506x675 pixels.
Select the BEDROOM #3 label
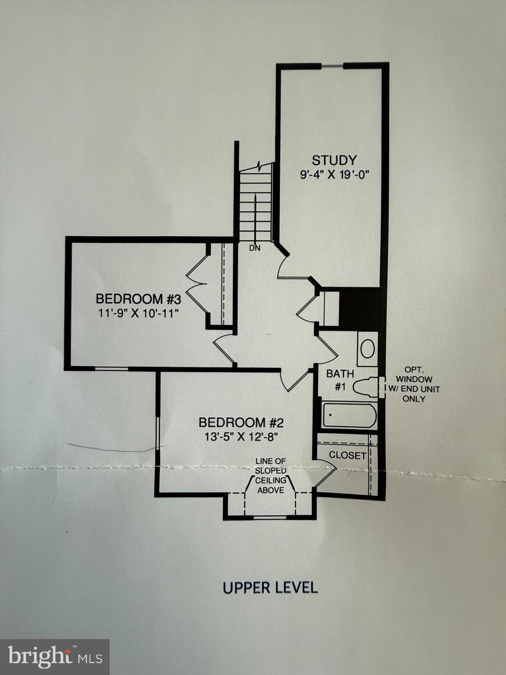pyautogui.click(x=138, y=299)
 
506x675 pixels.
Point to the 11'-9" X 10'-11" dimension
pyautogui.click(x=138, y=314)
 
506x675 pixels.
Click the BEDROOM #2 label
pyautogui.click(x=241, y=423)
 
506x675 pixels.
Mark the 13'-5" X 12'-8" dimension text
pyautogui.click(x=241, y=437)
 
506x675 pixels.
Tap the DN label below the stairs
pyautogui.click(x=255, y=248)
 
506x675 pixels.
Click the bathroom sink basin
pyautogui.click(x=368, y=349)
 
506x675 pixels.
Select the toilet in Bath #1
pyautogui.click(x=365, y=388)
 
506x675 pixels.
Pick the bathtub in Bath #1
pyautogui.click(x=350, y=416)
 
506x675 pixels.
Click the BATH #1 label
pyautogui.click(x=340, y=380)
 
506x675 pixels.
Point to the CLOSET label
pyautogui.click(x=347, y=455)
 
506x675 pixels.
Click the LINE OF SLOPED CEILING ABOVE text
pyautogui.click(x=271, y=475)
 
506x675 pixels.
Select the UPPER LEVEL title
pyautogui.click(x=270, y=588)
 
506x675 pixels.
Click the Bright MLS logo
pyautogui.click(x=54, y=657)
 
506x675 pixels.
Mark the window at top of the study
pyautogui.click(x=332, y=66)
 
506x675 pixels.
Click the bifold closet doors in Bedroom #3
pyautogui.click(x=196, y=285)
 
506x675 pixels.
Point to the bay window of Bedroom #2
pyautogui.click(x=270, y=517)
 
